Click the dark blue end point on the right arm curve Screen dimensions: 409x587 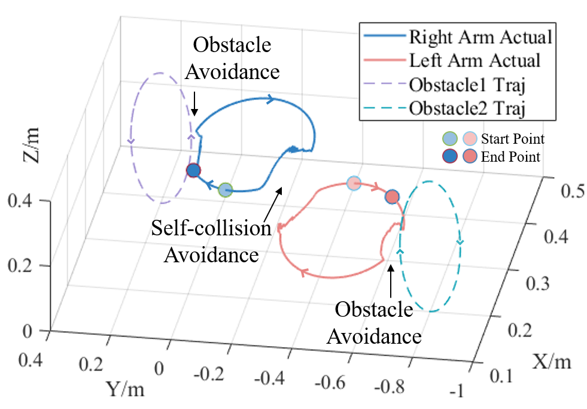click(x=193, y=171)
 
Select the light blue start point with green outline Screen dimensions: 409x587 click(x=224, y=190)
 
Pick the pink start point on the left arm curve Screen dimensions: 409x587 click(x=354, y=183)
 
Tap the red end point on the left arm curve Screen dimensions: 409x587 click(x=391, y=196)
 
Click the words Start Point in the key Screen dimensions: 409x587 click(x=513, y=140)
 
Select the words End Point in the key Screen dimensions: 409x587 click(x=510, y=157)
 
